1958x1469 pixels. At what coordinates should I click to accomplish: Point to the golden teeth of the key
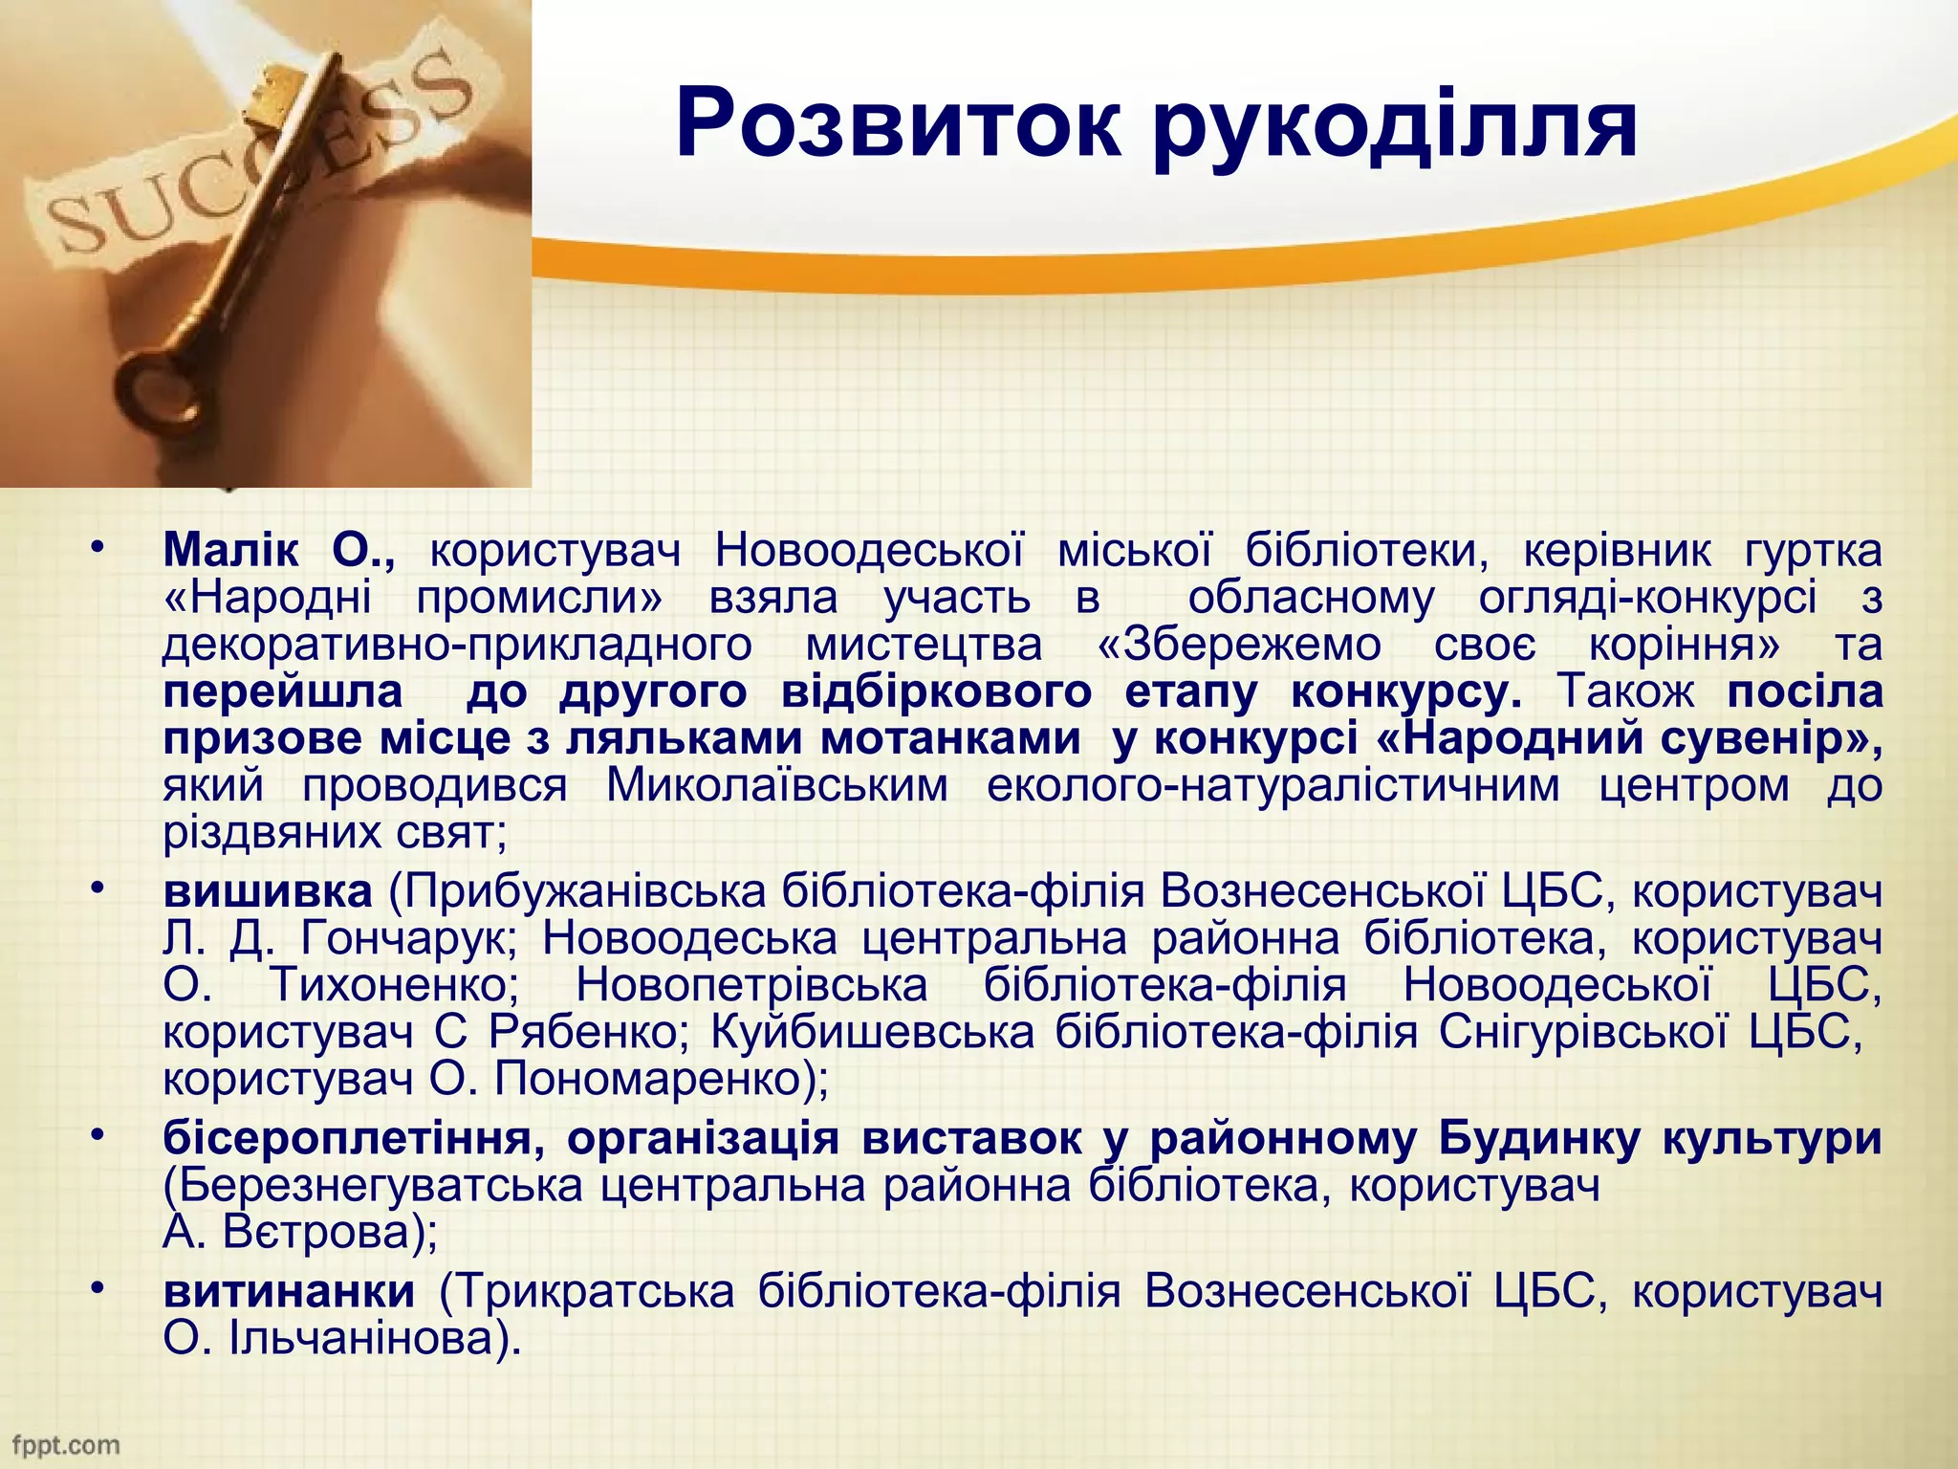[x=273, y=92]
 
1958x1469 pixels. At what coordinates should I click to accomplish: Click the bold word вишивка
[x=268, y=891]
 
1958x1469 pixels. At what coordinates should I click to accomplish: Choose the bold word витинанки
[x=289, y=1291]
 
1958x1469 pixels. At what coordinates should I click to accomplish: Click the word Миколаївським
[x=777, y=786]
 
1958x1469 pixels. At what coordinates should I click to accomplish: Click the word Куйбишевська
[x=873, y=1032]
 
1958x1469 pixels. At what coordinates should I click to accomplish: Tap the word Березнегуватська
[x=373, y=1186]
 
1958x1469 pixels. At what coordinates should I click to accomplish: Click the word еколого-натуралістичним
[x=1273, y=786]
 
